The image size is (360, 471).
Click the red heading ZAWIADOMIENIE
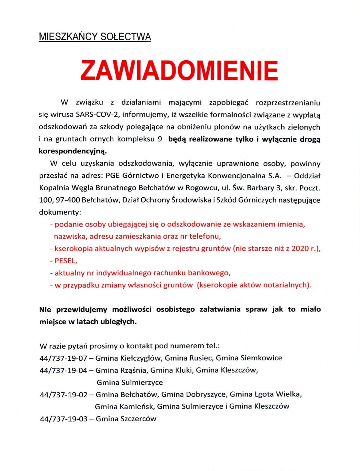(x=179, y=70)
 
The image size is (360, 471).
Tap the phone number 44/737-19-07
(x=63, y=358)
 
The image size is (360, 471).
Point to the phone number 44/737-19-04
(x=63, y=370)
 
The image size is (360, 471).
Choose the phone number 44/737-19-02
(x=64, y=394)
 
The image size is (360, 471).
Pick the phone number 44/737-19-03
(x=64, y=419)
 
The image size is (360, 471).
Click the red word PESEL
(x=65, y=261)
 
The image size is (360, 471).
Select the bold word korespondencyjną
(x=73, y=151)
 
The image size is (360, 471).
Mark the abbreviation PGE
(x=113, y=176)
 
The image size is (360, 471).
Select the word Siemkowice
(x=261, y=358)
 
